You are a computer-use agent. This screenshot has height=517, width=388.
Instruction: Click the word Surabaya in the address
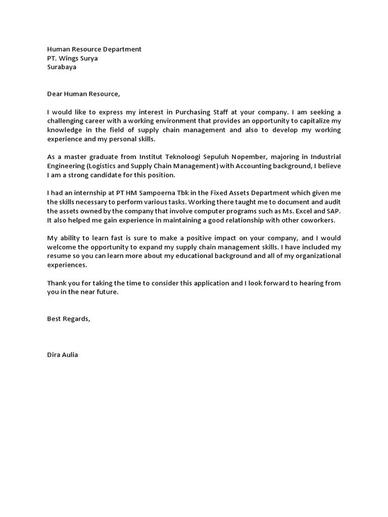62,67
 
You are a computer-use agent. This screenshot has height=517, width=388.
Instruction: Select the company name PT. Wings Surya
72,58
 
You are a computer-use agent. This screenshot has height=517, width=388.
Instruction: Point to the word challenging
65,121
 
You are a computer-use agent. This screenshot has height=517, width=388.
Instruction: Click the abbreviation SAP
333,211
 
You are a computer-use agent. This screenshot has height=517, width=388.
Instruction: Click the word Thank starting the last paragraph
57,283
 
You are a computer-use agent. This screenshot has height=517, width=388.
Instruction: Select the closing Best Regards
69,319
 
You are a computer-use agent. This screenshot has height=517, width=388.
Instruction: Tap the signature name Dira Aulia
63,355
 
